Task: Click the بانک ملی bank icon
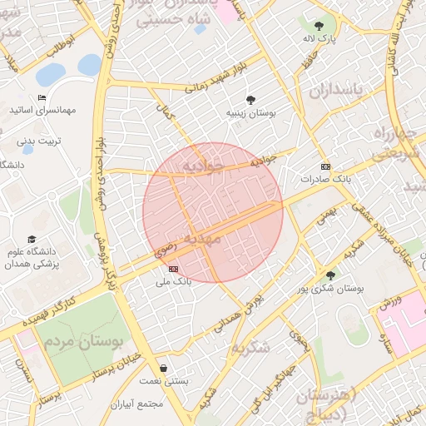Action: click(173, 269)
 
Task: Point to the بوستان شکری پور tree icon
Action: click(330, 275)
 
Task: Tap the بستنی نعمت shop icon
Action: click(162, 368)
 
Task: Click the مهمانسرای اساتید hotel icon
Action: click(42, 98)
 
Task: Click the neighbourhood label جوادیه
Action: click(203, 167)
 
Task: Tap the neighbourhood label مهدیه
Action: click(202, 240)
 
